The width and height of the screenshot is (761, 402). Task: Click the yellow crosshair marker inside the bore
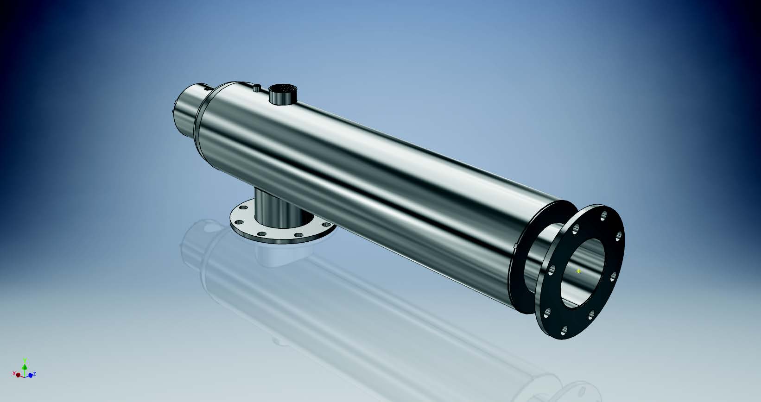point(578,271)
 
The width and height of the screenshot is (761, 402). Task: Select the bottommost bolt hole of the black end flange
point(564,330)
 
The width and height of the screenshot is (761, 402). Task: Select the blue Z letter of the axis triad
point(35,374)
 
